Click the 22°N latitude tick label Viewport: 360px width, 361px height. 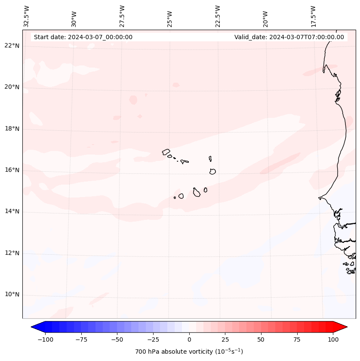tap(12, 46)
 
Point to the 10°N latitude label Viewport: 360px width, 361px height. tap(12, 295)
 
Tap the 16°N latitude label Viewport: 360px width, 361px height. tap(12, 170)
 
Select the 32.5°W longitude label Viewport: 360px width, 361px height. tap(27, 16)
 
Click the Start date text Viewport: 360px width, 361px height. tap(83, 37)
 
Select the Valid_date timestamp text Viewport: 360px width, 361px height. tap(289, 37)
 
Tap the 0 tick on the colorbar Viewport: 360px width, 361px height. tap(189, 339)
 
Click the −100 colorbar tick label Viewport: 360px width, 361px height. tap(45, 339)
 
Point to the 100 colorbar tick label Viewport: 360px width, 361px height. tap(333, 339)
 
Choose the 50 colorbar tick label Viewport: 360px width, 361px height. tap(261, 339)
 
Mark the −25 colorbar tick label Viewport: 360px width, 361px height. tap(153, 339)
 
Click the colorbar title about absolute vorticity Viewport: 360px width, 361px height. tap(189, 352)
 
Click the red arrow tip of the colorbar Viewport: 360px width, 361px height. tap(345, 327)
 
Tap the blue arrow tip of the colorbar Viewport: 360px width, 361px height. tap(34, 327)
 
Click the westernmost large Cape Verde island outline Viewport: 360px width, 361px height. tap(166, 151)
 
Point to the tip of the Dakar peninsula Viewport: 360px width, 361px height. tap(319, 198)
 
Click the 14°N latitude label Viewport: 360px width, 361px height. tap(12, 212)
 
